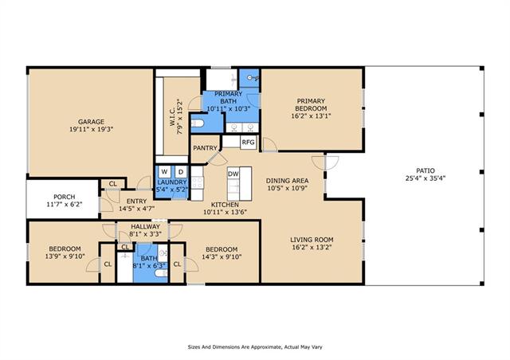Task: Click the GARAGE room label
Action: pos(91,122)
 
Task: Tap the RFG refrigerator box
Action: pos(248,143)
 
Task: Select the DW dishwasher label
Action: pos(233,174)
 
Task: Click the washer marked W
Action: pos(165,172)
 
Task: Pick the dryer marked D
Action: pos(181,172)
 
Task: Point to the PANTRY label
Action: pos(205,148)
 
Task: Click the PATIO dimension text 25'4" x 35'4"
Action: pos(425,178)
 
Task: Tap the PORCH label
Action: pos(64,197)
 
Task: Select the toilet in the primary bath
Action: pos(197,123)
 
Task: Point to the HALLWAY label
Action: pos(145,226)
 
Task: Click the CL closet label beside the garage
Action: pos(112,184)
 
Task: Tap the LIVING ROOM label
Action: pos(312,240)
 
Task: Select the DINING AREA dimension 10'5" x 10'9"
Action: pos(287,188)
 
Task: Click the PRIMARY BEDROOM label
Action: pos(311,104)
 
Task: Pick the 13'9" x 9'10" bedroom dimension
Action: pos(65,256)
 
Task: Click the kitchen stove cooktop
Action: pos(197,182)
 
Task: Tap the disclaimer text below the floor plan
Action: pos(255,347)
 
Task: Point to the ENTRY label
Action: pos(136,202)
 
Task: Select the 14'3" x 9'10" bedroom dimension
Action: pos(222,257)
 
